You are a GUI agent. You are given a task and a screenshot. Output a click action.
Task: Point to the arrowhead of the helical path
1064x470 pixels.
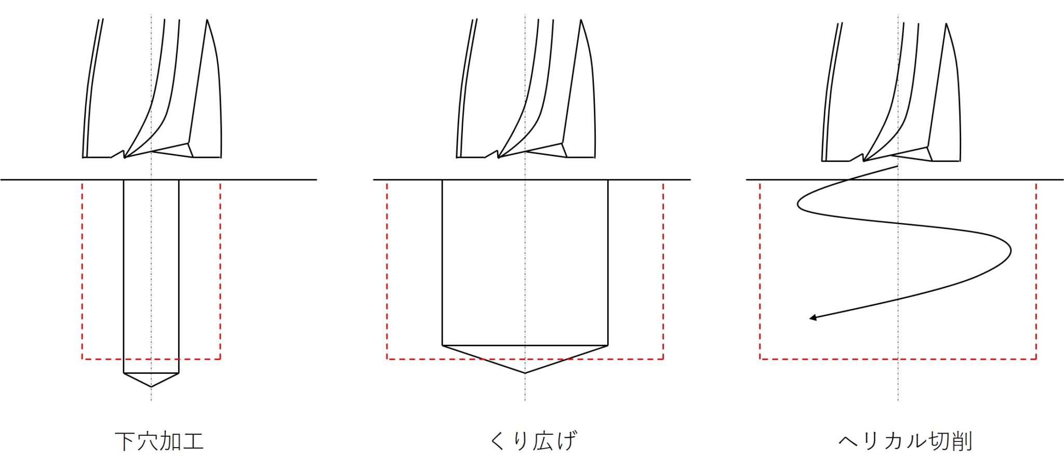pyautogui.click(x=813, y=318)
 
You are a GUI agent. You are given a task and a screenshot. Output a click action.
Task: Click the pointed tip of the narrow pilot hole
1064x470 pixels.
pyautogui.click(x=151, y=387)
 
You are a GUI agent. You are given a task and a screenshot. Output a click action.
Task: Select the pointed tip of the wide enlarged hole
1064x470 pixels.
pyautogui.click(x=525, y=373)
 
